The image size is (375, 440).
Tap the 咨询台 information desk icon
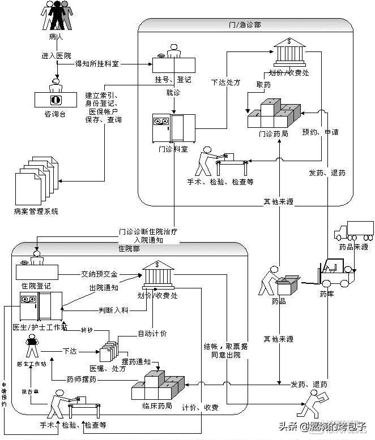[55, 96]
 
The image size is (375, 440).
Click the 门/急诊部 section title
[250, 25]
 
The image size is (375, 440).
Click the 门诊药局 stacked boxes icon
[275, 115]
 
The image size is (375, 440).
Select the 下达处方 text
[225, 83]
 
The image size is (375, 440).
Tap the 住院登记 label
[36, 286]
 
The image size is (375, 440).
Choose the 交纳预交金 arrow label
[99, 274]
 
